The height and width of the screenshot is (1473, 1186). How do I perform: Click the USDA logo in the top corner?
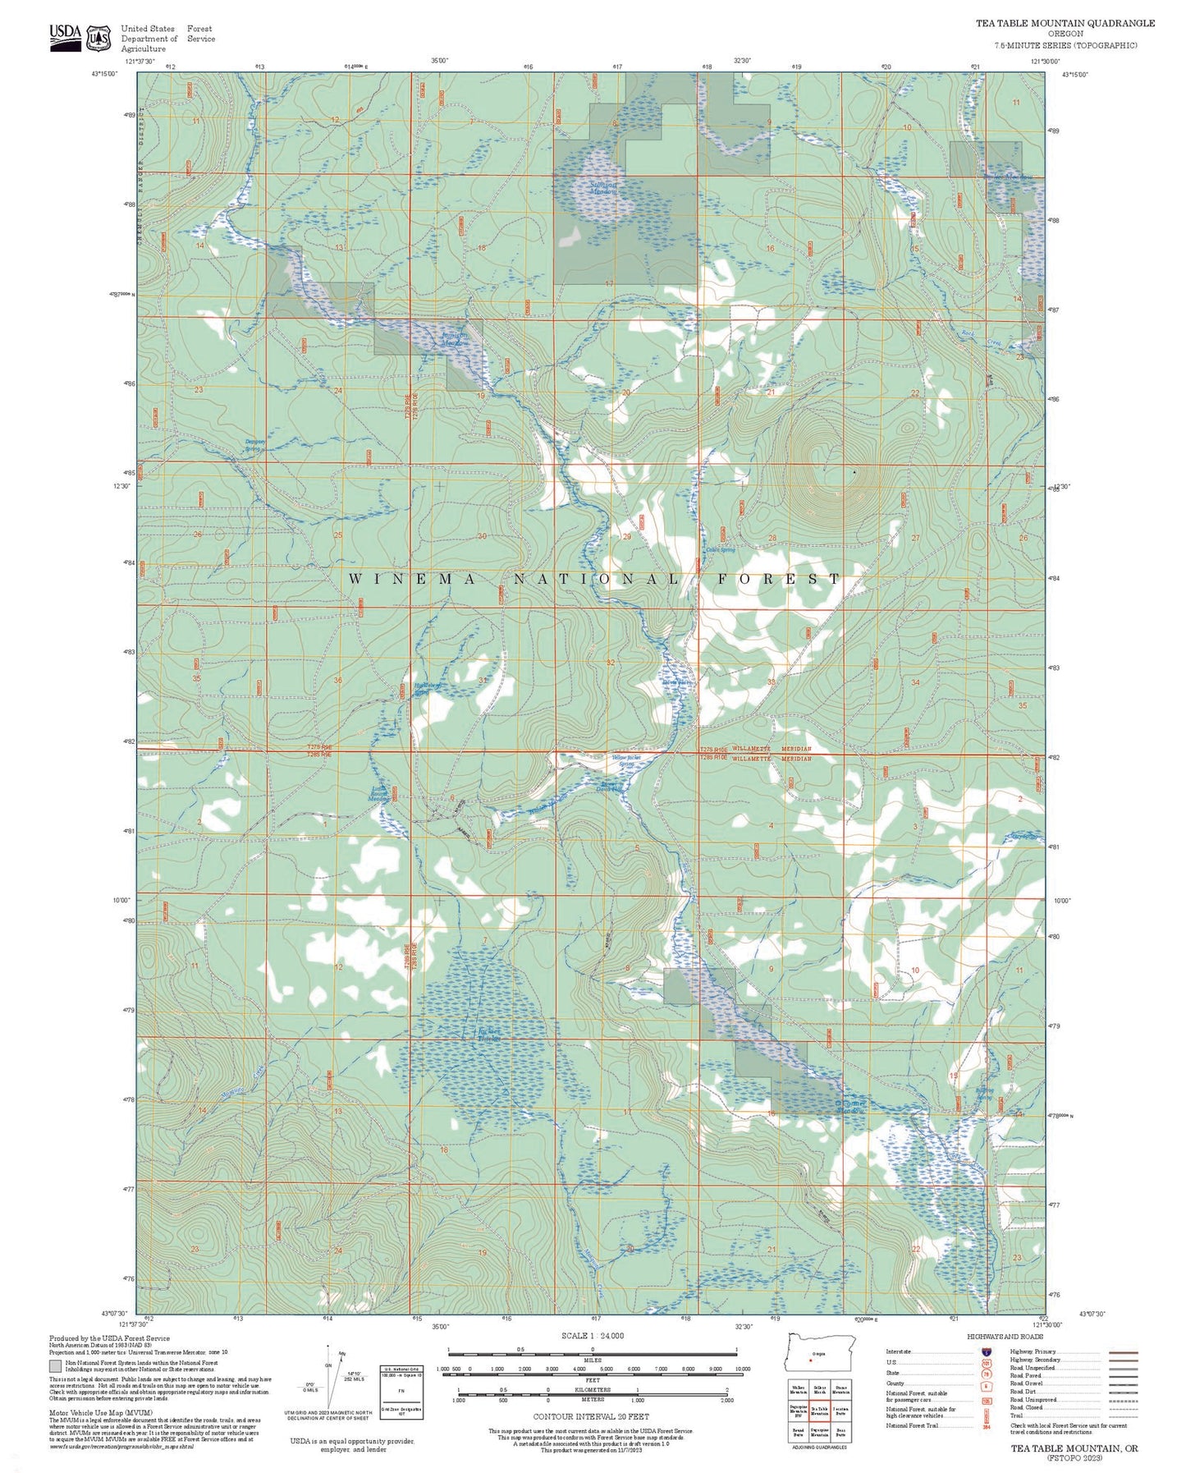coord(66,36)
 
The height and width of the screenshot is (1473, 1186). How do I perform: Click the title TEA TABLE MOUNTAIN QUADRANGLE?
coord(1065,23)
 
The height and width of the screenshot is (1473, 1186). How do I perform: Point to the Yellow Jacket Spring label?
coord(625,760)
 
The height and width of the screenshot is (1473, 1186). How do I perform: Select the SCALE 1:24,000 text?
coord(593,1336)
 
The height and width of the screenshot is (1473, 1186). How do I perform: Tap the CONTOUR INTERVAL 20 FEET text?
coord(591,1416)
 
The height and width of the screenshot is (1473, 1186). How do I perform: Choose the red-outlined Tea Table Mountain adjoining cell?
coord(819,1410)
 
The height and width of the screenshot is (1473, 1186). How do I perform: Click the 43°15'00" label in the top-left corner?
coord(104,74)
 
